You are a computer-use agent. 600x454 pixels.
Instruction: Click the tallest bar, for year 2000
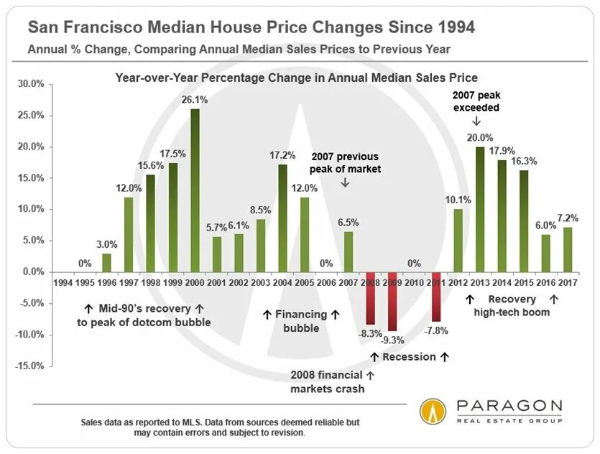[x=195, y=190]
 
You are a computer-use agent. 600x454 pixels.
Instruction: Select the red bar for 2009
[x=392, y=301]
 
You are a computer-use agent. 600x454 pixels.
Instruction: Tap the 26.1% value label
[x=195, y=101]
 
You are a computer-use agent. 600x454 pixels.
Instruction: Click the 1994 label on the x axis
[x=63, y=283]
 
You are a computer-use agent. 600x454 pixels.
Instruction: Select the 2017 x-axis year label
[x=568, y=283]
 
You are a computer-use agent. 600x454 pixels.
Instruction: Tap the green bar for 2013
[x=480, y=209]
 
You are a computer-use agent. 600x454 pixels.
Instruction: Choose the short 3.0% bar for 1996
[x=106, y=263]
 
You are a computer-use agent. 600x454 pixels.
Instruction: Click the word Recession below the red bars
[x=409, y=356]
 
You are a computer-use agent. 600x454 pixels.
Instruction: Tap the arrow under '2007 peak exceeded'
[x=476, y=122]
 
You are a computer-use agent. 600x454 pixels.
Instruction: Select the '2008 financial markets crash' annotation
[x=328, y=381]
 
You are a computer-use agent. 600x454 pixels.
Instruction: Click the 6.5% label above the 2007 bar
[x=348, y=223]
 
